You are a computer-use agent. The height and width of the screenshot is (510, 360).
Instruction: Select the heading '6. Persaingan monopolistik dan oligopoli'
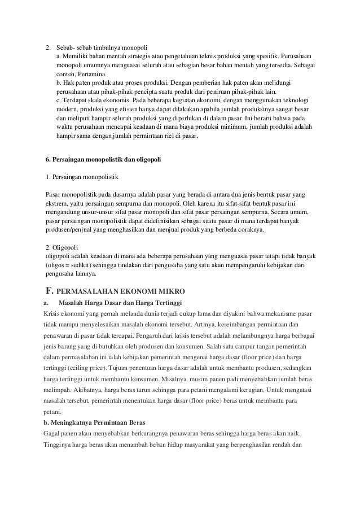[103, 160]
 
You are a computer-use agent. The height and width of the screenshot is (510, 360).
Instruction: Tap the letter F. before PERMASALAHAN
[49, 291]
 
